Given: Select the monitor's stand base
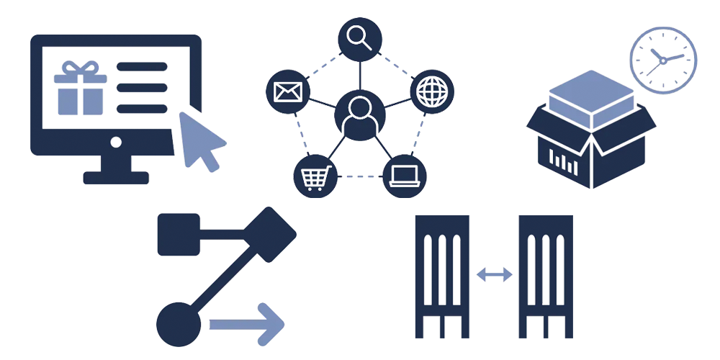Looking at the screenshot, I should point(116,176).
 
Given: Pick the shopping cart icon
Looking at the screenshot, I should point(315,176).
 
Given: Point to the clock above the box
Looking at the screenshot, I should point(663,60).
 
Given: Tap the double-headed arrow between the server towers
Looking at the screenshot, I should point(495,274).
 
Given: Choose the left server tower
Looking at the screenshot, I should point(442,276).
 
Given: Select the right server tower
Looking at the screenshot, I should point(546,276).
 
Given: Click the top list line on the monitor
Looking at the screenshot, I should point(142,67).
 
